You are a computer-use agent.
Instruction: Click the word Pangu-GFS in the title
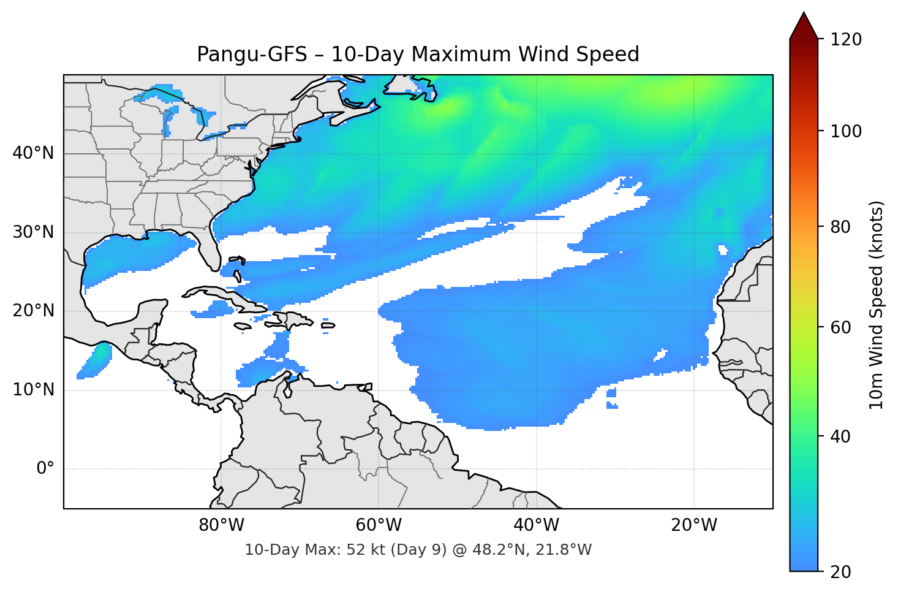click(252, 55)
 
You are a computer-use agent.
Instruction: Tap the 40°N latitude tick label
click(33, 153)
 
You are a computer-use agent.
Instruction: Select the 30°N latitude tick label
click(33, 232)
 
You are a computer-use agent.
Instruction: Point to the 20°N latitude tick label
click(33, 311)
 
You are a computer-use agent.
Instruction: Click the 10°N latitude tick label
click(33, 390)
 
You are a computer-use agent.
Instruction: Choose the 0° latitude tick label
click(45, 469)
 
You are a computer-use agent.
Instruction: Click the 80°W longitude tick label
click(221, 525)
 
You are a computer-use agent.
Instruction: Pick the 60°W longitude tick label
click(379, 525)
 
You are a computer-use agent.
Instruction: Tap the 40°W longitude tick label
click(536, 525)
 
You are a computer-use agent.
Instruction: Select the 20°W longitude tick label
click(693, 525)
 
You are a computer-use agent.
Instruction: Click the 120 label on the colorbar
click(846, 40)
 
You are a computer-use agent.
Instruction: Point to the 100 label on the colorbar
click(846, 131)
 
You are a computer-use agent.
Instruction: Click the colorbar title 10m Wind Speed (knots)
click(877, 305)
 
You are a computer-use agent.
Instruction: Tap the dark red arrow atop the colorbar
click(804, 28)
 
